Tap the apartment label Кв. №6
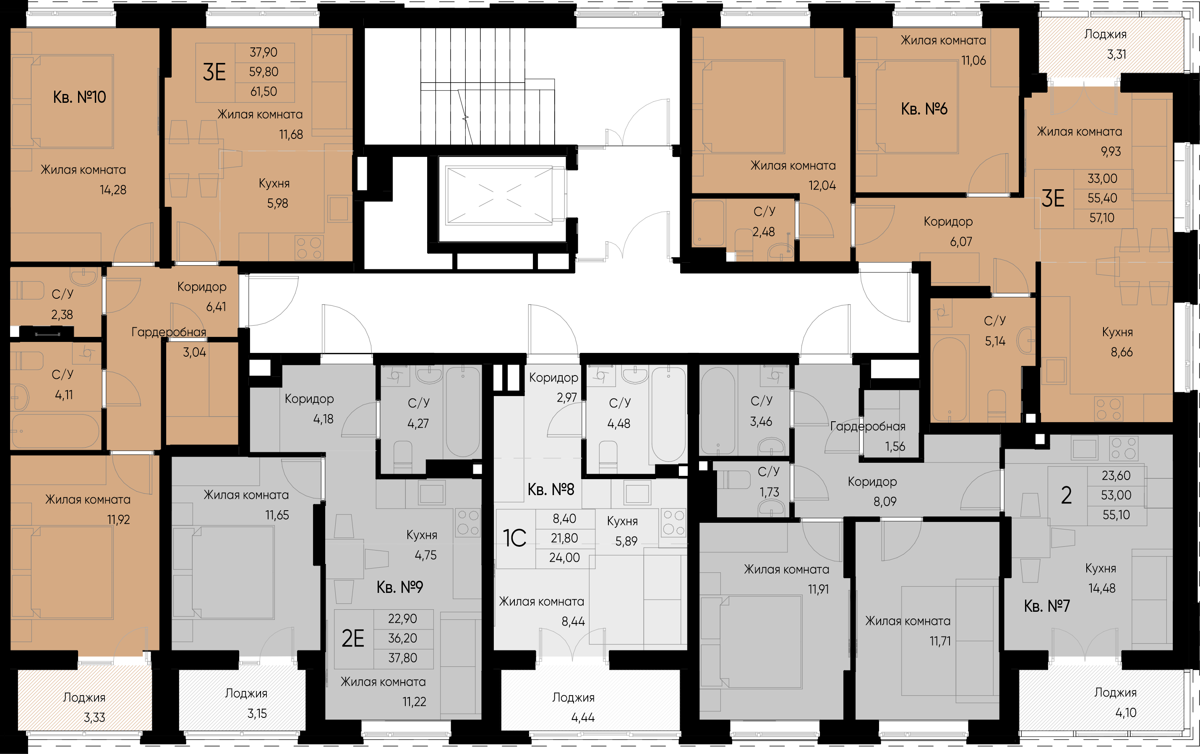click(x=924, y=109)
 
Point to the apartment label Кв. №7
click(x=1046, y=605)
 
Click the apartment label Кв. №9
click(x=400, y=587)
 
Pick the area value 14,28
click(x=113, y=190)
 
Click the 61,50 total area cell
click(x=263, y=92)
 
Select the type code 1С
click(x=515, y=538)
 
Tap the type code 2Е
click(x=353, y=638)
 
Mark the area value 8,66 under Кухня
click(x=1122, y=352)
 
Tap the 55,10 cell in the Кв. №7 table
click(x=1116, y=515)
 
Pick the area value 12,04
click(x=822, y=186)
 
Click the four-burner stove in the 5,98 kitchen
click(x=309, y=248)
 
